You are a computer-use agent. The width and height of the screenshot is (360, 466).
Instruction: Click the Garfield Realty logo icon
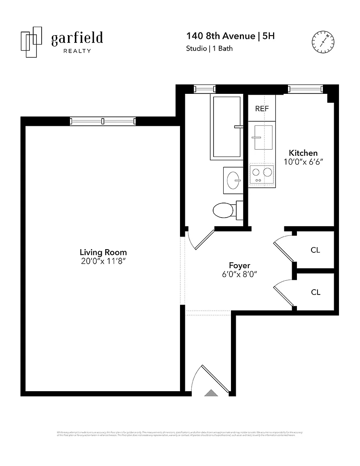tap(32, 42)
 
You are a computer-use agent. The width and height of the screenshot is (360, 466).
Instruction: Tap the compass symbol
tap(323, 42)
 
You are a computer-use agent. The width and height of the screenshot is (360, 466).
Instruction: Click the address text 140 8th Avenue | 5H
tap(230, 36)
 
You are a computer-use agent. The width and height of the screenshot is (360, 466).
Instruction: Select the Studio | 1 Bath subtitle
tap(209, 49)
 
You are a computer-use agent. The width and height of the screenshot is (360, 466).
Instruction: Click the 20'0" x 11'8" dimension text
tap(103, 261)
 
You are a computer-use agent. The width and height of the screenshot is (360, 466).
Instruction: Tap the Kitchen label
tap(303, 153)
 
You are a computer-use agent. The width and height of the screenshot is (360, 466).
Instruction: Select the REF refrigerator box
tap(262, 109)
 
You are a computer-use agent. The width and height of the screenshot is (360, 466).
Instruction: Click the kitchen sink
tap(263, 137)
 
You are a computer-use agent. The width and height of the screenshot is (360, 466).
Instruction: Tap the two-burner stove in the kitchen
tap(261, 174)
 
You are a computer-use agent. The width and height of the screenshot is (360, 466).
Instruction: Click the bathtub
tap(226, 127)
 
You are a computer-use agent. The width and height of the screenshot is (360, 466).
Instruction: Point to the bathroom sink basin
tap(234, 180)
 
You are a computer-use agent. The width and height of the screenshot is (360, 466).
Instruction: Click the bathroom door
tap(204, 240)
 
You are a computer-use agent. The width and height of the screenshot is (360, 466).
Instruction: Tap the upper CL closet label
tap(316, 250)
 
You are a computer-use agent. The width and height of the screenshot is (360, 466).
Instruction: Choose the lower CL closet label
tap(316, 292)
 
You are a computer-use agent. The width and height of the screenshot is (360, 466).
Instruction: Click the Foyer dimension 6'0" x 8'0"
tap(239, 274)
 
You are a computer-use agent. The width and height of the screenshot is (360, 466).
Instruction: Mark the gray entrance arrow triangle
tap(211, 392)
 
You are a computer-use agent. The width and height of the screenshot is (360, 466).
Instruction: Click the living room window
tap(103, 121)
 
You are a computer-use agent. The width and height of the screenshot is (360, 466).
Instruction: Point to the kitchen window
tap(305, 89)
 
